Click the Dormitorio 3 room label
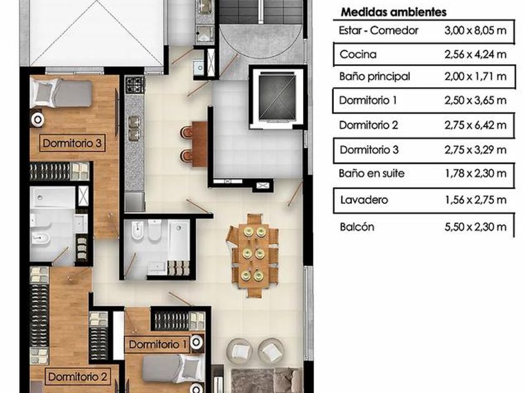(72, 143)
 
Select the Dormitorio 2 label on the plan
(77, 377)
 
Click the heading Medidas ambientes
(394, 12)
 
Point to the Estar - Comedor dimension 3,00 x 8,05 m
(475, 31)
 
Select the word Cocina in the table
(358, 54)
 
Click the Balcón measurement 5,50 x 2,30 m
(475, 227)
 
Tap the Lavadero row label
(364, 200)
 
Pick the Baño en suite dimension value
(475, 173)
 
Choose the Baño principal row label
(375, 77)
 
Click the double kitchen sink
(134, 129)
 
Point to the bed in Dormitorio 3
(61, 93)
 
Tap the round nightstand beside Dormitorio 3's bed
(37, 119)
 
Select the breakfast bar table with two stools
(195, 144)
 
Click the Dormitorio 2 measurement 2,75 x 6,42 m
(475, 125)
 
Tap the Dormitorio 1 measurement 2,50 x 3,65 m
(475, 100)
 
